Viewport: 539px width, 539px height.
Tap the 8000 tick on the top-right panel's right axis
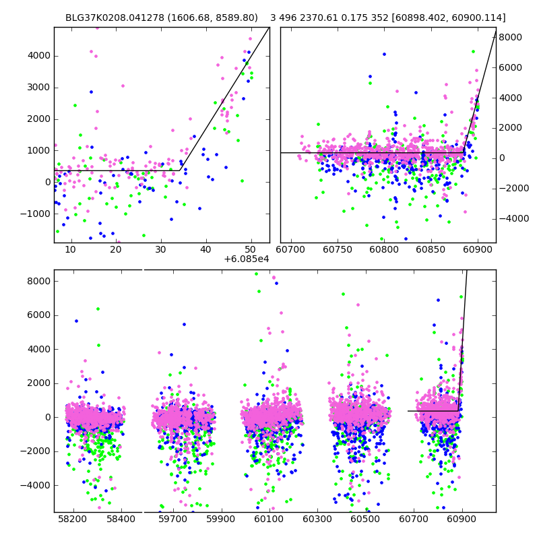pos(511,37)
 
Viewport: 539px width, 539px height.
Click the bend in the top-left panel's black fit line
pos(183,170)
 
